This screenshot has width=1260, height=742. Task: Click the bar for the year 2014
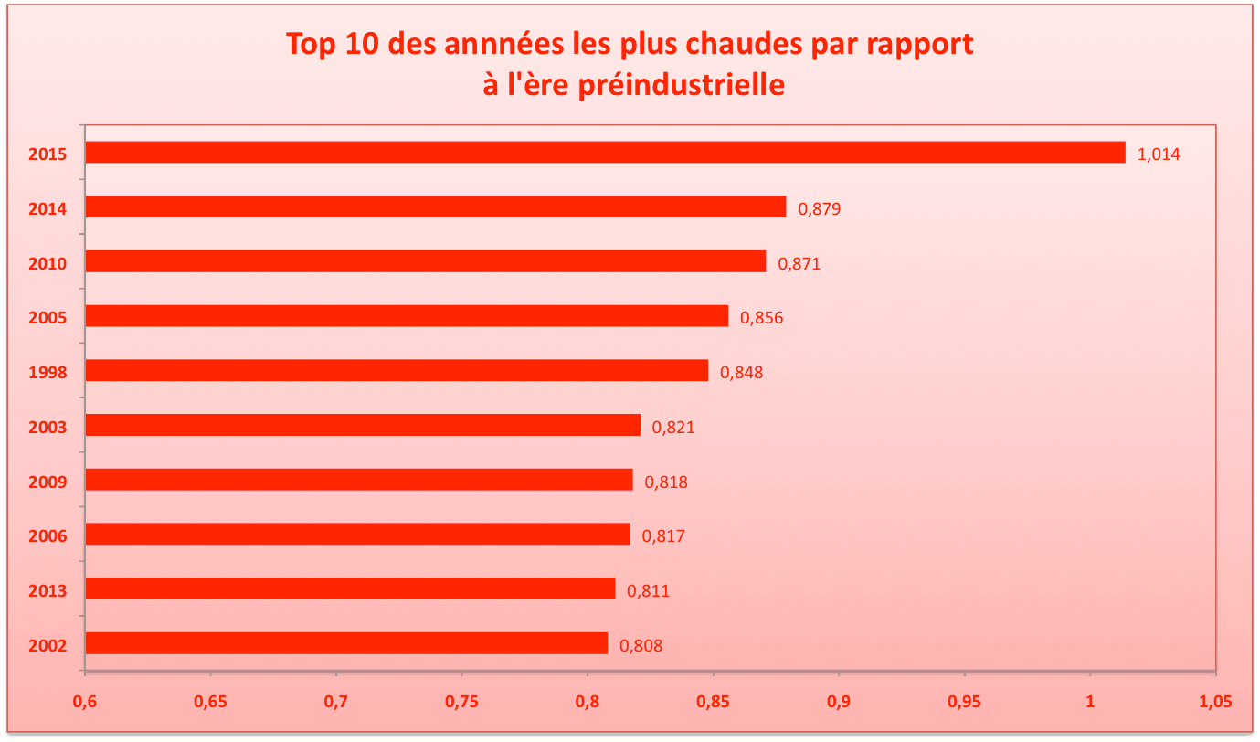[435, 207]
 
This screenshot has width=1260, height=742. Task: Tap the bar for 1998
[397, 370]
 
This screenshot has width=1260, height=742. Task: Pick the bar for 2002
[346, 643]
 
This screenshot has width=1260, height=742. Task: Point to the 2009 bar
[358, 480]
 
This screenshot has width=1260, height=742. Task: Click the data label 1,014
[1159, 154]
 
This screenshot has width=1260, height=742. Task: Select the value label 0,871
[799, 264]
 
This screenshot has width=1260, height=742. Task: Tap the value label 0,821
[673, 427]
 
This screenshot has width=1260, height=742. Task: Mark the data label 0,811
[648, 591]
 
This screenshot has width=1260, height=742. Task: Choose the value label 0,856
[762, 318]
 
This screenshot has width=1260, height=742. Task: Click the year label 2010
[48, 264]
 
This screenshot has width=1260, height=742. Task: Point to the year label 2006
[48, 536]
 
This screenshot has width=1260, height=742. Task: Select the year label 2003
[48, 427]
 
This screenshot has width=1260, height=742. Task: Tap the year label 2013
[48, 591]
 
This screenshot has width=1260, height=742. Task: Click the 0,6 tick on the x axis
[85, 702]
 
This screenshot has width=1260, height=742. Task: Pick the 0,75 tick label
[461, 702]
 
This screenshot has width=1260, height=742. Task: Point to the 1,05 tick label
[1215, 702]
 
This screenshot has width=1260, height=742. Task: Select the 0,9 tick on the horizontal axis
[839, 702]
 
